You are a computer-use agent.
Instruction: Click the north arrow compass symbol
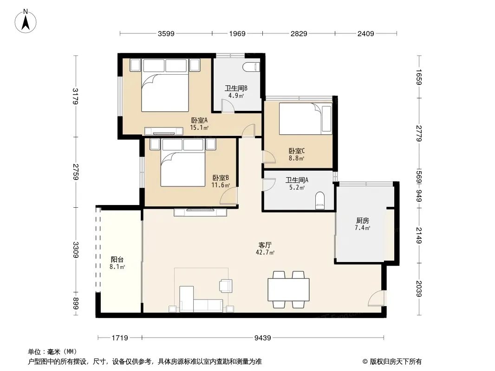26,21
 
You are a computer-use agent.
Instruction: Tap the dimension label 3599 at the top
166,33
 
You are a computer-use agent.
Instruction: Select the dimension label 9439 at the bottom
263,338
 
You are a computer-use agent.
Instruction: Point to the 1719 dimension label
120,338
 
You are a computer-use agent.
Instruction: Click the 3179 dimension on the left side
75,96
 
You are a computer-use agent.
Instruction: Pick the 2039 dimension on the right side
419,288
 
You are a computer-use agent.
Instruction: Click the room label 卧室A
199,120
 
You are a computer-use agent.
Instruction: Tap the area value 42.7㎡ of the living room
265,252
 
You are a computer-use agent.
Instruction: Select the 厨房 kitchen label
362,221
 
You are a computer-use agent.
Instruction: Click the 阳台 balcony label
117,259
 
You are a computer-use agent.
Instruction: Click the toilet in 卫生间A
320,200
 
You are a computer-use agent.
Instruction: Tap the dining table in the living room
288,290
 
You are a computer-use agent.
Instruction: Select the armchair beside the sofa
226,285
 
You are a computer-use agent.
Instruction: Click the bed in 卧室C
305,119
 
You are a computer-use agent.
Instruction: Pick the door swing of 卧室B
229,196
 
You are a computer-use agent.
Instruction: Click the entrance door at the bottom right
377,298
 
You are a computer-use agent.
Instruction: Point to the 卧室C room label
296,151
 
